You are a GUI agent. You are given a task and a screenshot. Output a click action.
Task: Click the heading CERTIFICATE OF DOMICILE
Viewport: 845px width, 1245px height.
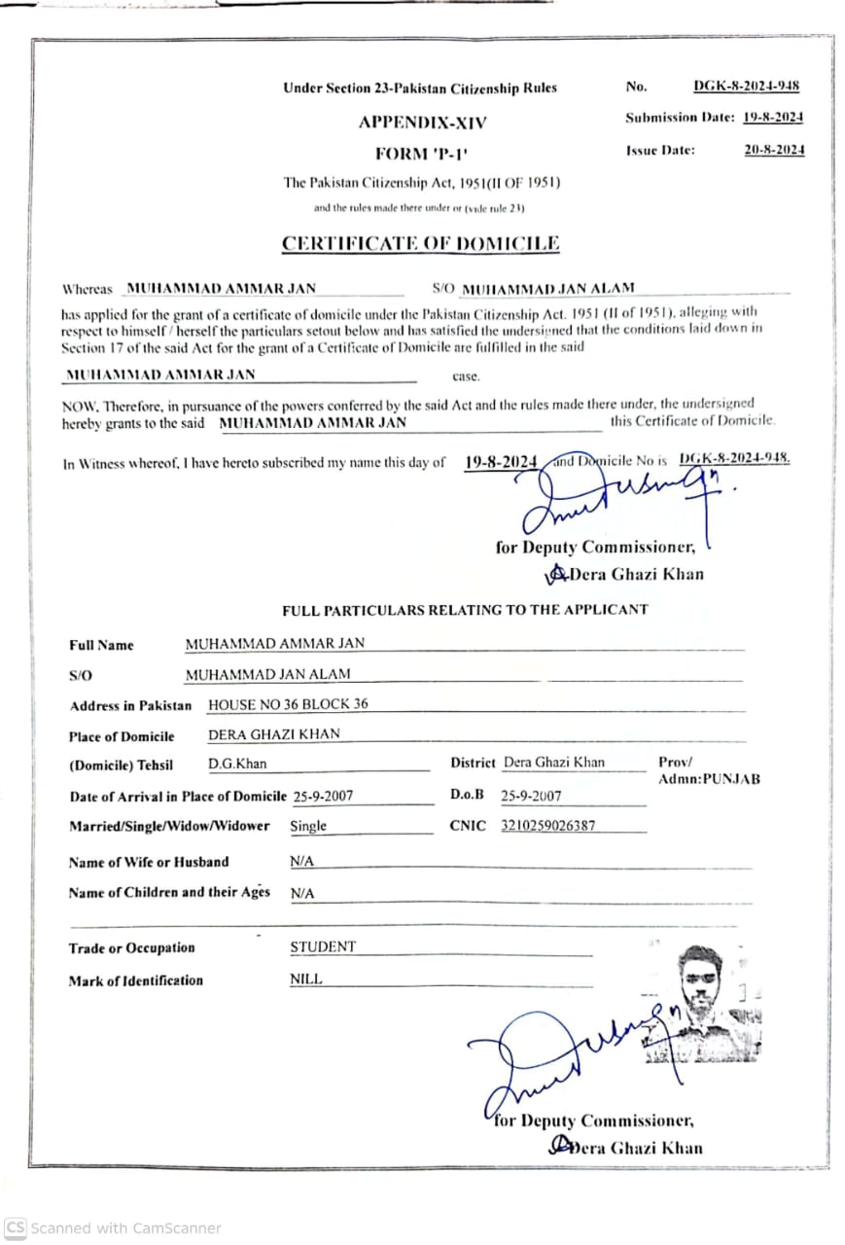click(420, 243)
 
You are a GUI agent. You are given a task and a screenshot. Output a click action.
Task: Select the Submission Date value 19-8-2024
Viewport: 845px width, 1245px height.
click(773, 118)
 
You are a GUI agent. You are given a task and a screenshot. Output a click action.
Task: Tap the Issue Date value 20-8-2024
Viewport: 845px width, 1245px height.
click(774, 150)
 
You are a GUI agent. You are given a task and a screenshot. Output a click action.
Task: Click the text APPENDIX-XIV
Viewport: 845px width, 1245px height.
click(422, 123)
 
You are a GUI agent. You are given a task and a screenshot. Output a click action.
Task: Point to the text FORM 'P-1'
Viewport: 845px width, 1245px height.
click(421, 154)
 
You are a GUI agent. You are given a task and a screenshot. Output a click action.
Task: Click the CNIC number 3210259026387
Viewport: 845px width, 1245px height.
click(547, 826)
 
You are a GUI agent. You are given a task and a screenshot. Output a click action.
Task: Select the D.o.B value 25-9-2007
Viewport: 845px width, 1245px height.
click(531, 796)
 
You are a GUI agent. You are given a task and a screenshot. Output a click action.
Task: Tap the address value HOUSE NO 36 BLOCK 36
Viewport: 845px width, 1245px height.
click(288, 704)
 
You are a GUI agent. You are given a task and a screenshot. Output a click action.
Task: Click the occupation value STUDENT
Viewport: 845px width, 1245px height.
click(323, 946)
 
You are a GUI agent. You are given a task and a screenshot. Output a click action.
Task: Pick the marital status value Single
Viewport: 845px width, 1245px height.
click(308, 826)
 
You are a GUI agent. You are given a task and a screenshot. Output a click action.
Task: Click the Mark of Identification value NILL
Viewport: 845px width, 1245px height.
click(305, 979)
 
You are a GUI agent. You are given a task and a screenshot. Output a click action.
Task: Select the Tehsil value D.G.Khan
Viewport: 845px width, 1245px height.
click(237, 764)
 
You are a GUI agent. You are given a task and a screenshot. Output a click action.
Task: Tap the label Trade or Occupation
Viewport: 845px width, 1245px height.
click(131, 948)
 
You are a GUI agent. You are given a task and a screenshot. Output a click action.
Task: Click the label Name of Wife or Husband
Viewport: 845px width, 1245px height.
click(149, 862)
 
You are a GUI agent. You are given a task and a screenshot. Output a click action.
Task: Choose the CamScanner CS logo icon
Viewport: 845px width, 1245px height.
click(15, 1227)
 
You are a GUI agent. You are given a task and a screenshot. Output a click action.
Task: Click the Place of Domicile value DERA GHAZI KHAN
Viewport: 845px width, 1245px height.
click(274, 734)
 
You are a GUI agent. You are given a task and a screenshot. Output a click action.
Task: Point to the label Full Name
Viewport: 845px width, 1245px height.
click(101, 645)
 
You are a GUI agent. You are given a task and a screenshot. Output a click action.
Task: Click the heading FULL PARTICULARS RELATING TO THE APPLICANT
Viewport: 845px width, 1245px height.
click(465, 610)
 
